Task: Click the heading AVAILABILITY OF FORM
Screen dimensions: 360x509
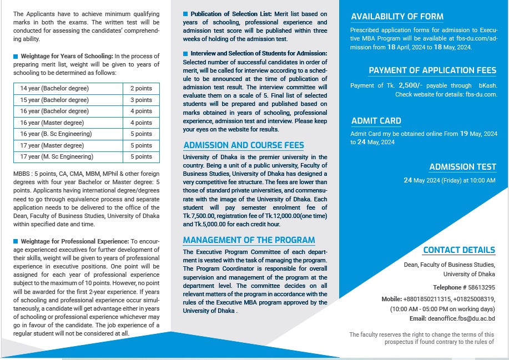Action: [397, 17]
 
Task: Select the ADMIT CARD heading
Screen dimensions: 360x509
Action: [376, 121]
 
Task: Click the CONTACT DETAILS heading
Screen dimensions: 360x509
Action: [458, 250]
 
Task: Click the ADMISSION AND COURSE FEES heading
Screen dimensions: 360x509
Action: [243, 145]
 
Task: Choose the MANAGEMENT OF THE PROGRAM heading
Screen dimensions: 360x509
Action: [249, 240]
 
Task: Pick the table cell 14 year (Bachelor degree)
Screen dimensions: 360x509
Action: [54, 89]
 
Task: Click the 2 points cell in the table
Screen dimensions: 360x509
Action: [141, 89]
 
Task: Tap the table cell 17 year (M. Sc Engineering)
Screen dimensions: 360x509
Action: [57, 157]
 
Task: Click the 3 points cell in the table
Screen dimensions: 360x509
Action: [141, 100]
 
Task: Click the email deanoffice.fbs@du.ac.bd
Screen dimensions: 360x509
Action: [461, 319]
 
